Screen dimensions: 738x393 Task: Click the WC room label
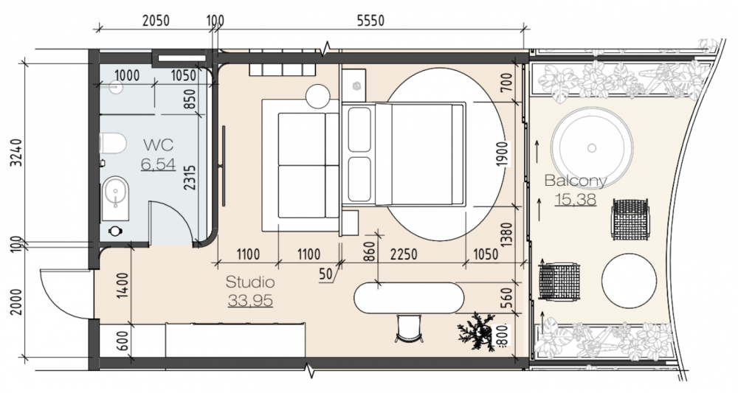(158, 145)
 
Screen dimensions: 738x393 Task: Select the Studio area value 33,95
(250, 300)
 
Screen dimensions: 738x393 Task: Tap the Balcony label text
(575, 181)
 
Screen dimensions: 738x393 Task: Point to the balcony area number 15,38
(576, 199)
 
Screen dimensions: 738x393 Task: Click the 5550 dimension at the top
(370, 21)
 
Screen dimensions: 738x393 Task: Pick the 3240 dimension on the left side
(17, 153)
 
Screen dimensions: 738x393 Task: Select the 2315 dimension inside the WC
(190, 177)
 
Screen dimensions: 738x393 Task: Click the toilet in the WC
(112, 143)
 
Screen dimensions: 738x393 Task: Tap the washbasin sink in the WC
(115, 198)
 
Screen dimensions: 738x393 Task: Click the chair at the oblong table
(409, 328)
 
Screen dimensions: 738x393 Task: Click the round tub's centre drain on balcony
(592, 148)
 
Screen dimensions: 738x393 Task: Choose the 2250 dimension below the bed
(404, 254)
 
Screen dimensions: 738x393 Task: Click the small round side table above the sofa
(317, 97)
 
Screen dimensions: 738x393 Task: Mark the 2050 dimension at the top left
(156, 21)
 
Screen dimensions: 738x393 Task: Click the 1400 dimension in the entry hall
(122, 285)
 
